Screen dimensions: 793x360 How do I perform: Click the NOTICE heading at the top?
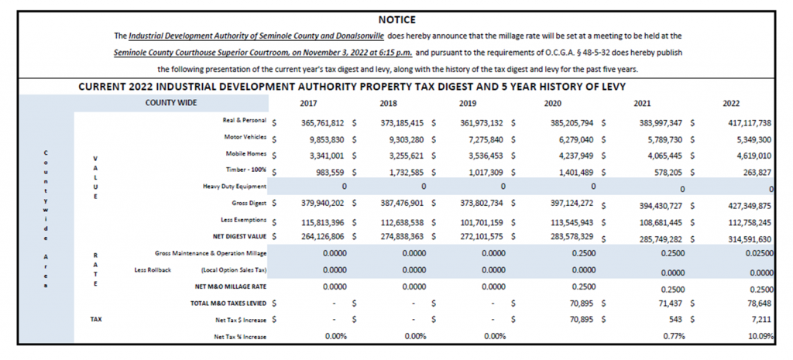pos(397,20)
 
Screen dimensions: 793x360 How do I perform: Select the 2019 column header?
pos(467,103)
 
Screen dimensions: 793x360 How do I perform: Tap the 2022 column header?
pos(731,103)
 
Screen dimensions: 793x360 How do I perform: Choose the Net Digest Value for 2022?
pos(748,238)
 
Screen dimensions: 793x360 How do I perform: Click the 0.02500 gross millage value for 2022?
pos(759,253)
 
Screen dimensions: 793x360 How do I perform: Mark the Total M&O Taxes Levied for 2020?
pos(581,303)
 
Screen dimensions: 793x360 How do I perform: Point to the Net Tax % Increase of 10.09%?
pos(762,336)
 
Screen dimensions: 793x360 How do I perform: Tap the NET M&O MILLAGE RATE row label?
pos(231,286)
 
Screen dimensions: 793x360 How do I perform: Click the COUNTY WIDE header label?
pos(171,103)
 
